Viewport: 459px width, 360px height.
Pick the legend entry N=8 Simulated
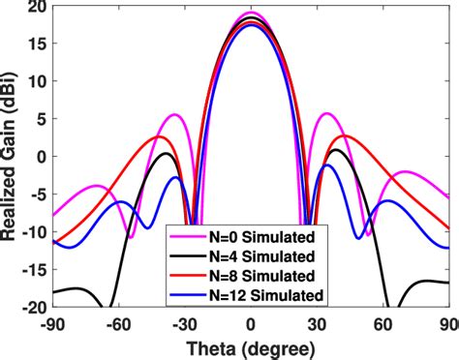point(260,276)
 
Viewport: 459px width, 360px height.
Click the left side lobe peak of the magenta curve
point(175,115)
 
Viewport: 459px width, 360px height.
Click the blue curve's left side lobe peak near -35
point(175,178)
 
